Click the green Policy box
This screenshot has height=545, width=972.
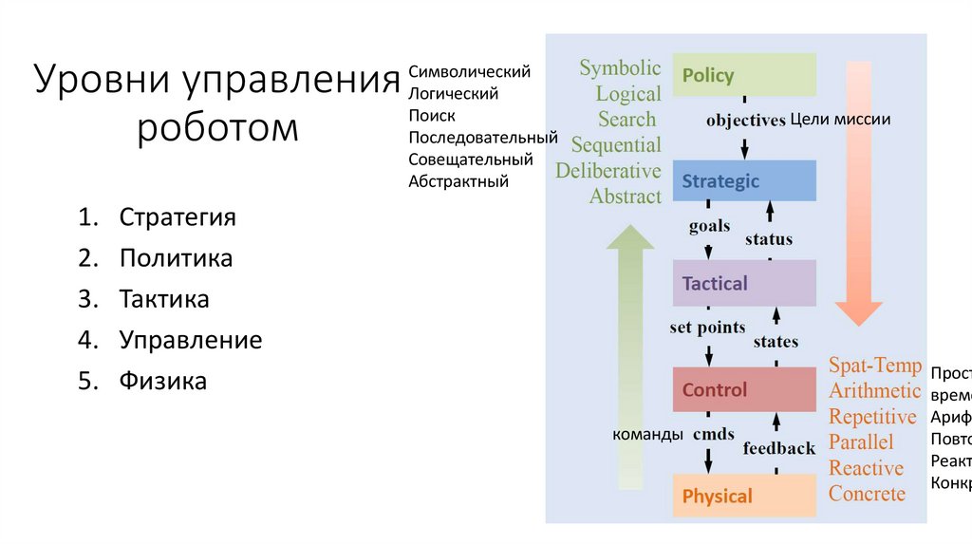[744, 75]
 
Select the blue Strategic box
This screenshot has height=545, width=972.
[744, 180]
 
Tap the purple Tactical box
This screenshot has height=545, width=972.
[744, 283]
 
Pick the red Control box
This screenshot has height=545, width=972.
[744, 389]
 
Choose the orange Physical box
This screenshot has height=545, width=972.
[744, 496]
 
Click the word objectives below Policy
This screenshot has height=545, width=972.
[745, 121]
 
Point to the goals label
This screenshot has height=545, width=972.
[709, 226]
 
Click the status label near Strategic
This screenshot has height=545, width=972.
[769, 239]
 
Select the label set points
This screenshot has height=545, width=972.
[707, 329]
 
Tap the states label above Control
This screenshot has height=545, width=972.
[776, 342]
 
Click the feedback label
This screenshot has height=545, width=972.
[779, 448]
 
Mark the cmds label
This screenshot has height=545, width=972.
[714, 435]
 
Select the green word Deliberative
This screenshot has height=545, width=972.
[608, 171]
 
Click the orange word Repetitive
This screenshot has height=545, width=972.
[872, 417]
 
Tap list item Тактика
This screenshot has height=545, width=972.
[164, 299]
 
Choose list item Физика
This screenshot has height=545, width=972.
[162, 382]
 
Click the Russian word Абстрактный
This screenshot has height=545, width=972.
[458, 181]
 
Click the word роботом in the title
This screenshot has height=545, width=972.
[217, 127]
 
